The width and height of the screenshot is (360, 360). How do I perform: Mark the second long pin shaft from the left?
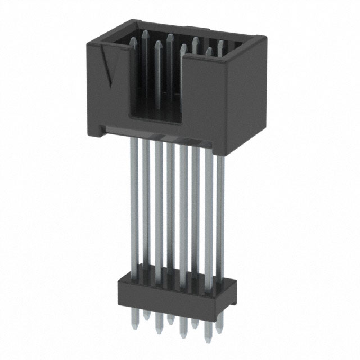(146, 208)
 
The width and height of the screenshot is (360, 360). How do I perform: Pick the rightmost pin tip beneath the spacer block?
(220, 327)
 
